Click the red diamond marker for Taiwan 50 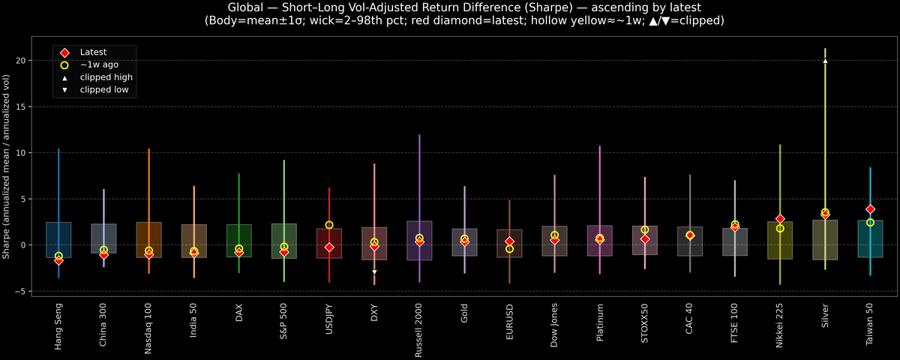(x=870, y=209)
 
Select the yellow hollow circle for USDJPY (x=329, y=225)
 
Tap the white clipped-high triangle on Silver (x=825, y=61)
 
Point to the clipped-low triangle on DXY (x=374, y=272)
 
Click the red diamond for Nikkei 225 (x=780, y=219)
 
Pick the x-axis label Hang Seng (x=58, y=326)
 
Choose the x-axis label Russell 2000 (x=419, y=329)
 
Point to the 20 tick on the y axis (x=27, y=61)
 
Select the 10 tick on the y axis (x=27, y=153)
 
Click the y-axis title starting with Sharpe (x=7, y=166)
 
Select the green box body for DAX (x=239, y=240)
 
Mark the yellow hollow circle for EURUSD (x=509, y=249)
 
